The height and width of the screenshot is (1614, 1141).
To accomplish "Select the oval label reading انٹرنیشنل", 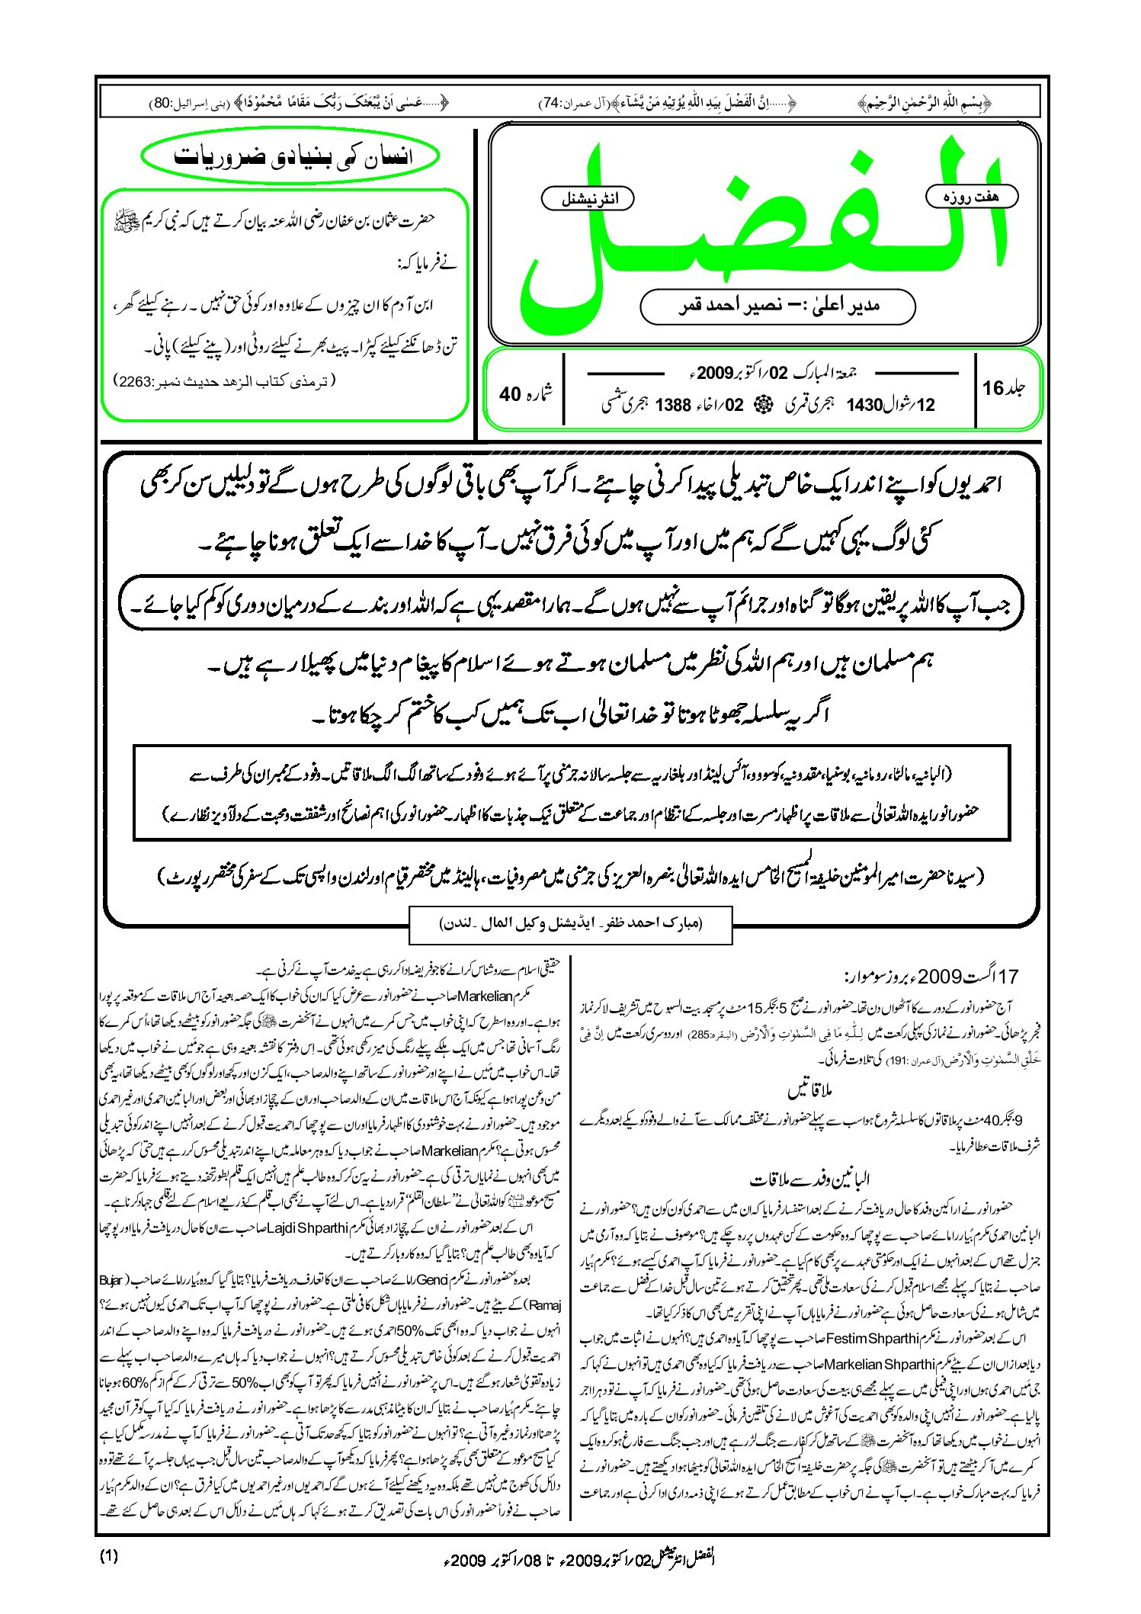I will (587, 199).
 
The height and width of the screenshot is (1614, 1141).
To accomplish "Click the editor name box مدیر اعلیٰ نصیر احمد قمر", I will (777, 306).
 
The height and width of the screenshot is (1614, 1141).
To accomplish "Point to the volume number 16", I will (994, 388).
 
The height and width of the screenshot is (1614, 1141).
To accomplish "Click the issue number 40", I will (510, 394).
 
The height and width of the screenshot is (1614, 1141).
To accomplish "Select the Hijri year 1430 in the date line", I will (864, 405).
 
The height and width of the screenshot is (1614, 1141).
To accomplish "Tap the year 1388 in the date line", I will (673, 405).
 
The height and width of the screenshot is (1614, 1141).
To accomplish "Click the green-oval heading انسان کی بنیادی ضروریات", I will (291, 156).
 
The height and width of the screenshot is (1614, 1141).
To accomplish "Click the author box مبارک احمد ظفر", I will (571, 923).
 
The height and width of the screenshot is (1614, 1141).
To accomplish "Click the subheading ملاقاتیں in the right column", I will (810, 1091).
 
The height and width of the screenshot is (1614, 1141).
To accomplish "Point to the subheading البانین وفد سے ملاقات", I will (809, 1179).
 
